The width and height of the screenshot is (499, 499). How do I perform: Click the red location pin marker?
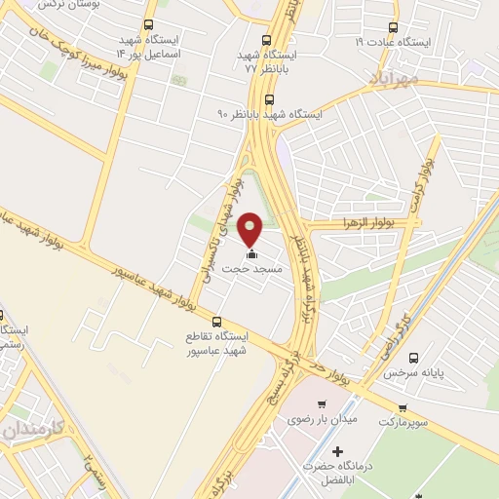point(251,228)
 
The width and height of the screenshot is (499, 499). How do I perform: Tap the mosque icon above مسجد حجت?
point(251,255)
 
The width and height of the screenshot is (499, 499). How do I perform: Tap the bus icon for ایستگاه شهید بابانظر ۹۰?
point(270,98)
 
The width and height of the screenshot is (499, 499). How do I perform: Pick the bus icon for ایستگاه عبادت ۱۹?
point(393,27)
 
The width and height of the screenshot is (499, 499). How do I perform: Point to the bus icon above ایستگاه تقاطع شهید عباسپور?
point(216,321)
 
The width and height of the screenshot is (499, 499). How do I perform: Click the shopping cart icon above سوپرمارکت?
point(402,408)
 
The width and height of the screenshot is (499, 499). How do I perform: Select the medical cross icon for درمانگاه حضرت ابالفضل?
point(337,451)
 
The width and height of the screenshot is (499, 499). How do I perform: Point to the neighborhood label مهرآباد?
point(395,75)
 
